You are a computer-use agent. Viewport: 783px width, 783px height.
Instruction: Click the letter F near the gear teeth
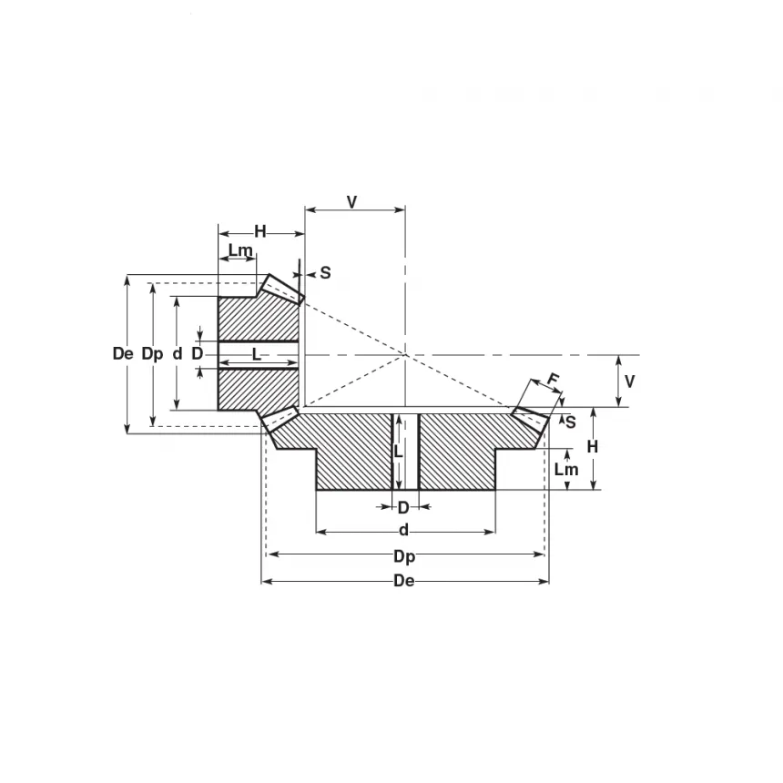pyautogui.click(x=553, y=380)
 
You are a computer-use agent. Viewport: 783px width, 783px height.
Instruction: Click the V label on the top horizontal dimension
pyautogui.click(x=352, y=202)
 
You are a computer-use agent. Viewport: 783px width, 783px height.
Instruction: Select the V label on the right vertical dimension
pyautogui.click(x=629, y=381)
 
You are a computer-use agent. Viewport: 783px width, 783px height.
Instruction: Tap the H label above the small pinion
pyautogui.click(x=259, y=231)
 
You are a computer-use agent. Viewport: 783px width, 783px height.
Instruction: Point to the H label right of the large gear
pyautogui.click(x=592, y=447)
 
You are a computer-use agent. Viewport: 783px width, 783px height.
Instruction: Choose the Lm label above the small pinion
pyautogui.click(x=240, y=250)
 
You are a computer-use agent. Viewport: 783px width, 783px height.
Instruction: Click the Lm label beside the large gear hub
pyautogui.click(x=566, y=470)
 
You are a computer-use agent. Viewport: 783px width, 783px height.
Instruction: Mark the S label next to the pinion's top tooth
pyautogui.click(x=325, y=272)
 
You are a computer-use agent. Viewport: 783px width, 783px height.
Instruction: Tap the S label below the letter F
pyautogui.click(x=570, y=422)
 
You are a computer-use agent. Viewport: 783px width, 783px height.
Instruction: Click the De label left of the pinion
pyautogui.click(x=124, y=354)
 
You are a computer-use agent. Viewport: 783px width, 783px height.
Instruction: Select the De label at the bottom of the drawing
pyautogui.click(x=403, y=581)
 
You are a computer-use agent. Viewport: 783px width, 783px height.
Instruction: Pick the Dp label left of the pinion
pyautogui.click(x=153, y=354)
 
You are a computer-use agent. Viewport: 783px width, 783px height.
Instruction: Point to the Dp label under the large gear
pyautogui.click(x=403, y=555)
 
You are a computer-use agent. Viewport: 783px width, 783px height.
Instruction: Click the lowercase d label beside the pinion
pyautogui.click(x=178, y=354)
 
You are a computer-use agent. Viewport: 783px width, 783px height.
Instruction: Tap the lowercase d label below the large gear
pyautogui.click(x=403, y=531)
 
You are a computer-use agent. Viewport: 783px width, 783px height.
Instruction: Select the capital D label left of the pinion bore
pyautogui.click(x=197, y=354)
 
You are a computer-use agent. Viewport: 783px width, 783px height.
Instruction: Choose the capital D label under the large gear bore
pyautogui.click(x=403, y=508)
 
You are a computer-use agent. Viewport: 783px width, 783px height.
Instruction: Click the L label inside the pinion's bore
pyautogui.click(x=257, y=355)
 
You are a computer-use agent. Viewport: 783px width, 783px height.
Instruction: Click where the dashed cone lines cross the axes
pyautogui.click(x=405, y=355)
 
